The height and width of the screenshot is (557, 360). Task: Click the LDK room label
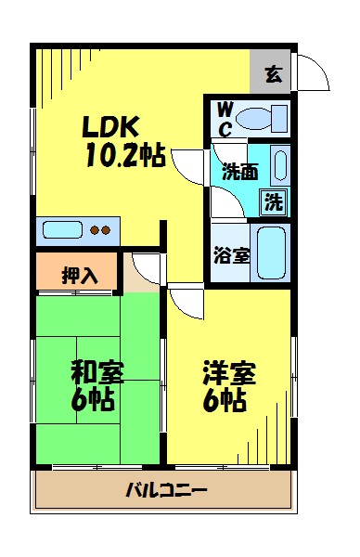pyautogui.click(x=110, y=127)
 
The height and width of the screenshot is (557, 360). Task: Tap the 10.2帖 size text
pyautogui.click(x=125, y=155)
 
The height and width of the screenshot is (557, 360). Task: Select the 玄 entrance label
pyautogui.click(x=274, y=74)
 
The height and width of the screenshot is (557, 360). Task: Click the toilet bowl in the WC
pyautogui.click(x=262, y=119)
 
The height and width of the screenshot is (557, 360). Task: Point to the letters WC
pyautogui.click(x=225, y=119)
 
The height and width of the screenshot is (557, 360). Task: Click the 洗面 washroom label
pyautogui.click(x=239, y=172)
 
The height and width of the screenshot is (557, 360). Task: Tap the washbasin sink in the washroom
pyautogui.click(x=281, y=165)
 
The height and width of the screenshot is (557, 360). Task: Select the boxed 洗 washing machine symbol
pyautogui.click(x=274, y=202)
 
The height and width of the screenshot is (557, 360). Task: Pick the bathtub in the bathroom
pyautogui.click(x=271, y=253)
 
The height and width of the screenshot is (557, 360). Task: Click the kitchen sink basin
pyautogui.click(x=62, y=230)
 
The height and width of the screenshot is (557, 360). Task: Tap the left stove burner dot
pyautogui.click(x=95, y=230)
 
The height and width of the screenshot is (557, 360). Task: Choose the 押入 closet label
pyautogui.click(x=80, y=275)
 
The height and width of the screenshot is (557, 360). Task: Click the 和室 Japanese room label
pyautogui.click(x=97, y=372)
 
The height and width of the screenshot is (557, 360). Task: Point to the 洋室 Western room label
pyautogui.click(x=229, y=372)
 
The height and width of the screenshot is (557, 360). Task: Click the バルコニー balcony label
pyautogui.click(x=166, y=490)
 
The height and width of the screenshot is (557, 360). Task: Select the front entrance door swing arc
pyautogui.click(x=320, y=67)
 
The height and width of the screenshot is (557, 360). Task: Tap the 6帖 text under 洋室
pyautogui.click(x=225, y=400)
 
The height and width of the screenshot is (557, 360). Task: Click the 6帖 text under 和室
pyautogui.click(x=93, y=399)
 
